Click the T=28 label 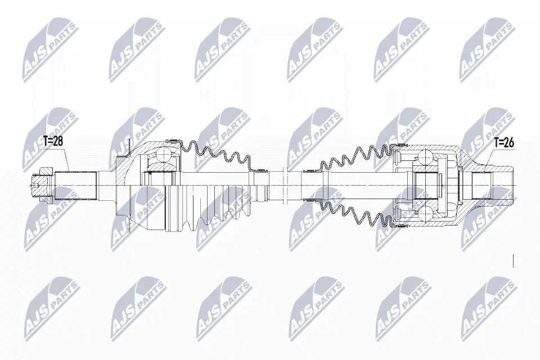click(53, 142)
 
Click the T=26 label click(504, 143)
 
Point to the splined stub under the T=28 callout click(75, 186)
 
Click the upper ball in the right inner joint click(426, 157)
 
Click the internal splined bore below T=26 click(480, 186)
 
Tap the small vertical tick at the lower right click(514, 260)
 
